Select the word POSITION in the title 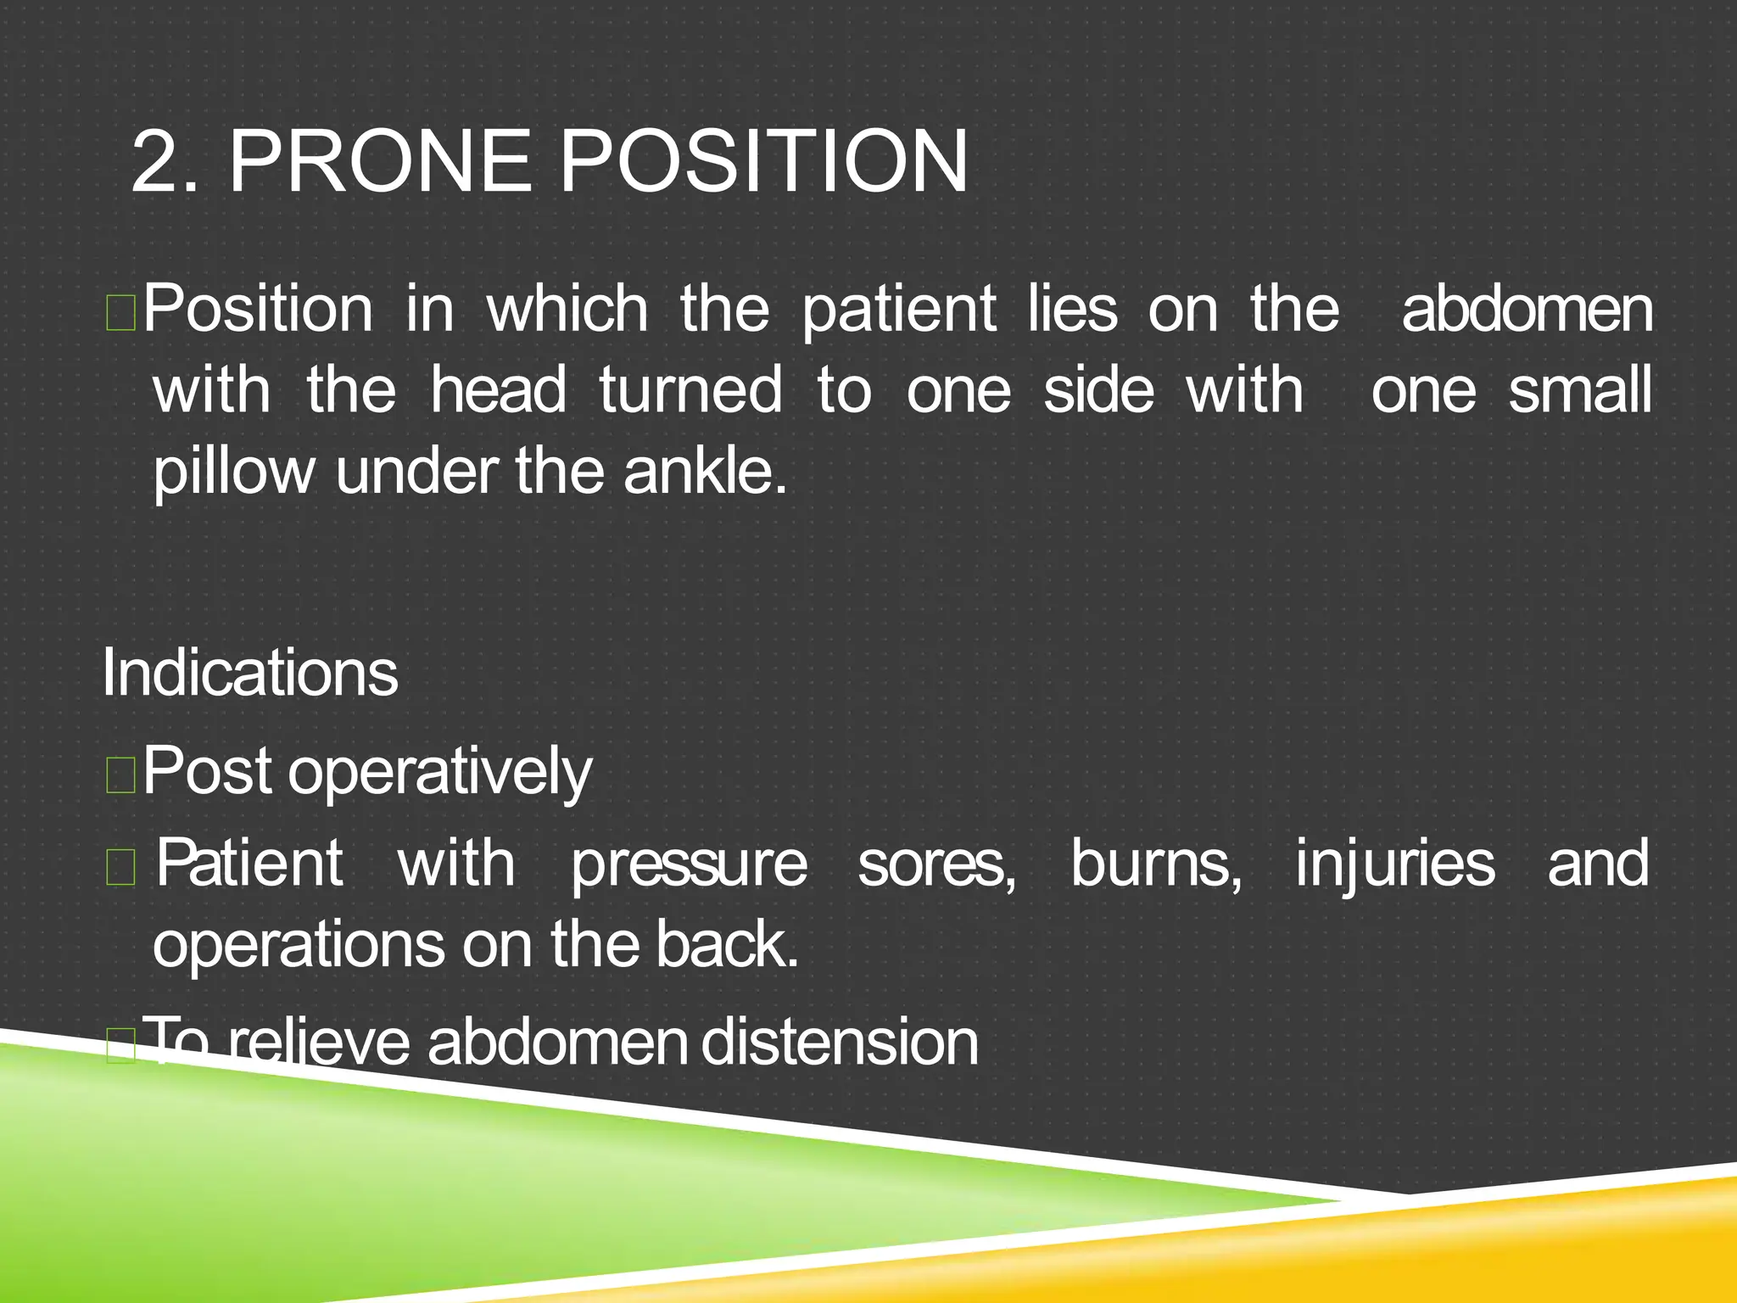coord(762,161)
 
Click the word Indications coord(249,673)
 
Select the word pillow coord(233,472)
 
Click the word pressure coord(689,864)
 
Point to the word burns coord(1155,864)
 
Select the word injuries coord(1394,864)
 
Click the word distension coord(839,1042)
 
